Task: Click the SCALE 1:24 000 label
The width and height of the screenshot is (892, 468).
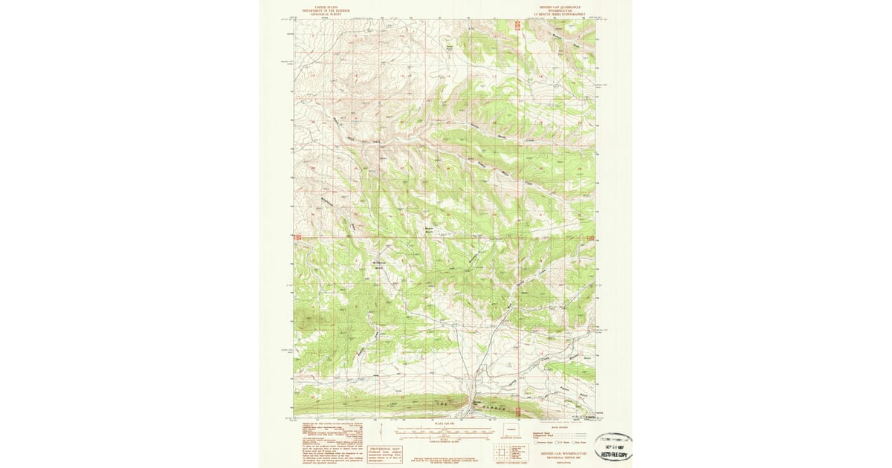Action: [x=445, y=424]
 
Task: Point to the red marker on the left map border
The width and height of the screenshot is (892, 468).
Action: [x=297, y=237]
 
